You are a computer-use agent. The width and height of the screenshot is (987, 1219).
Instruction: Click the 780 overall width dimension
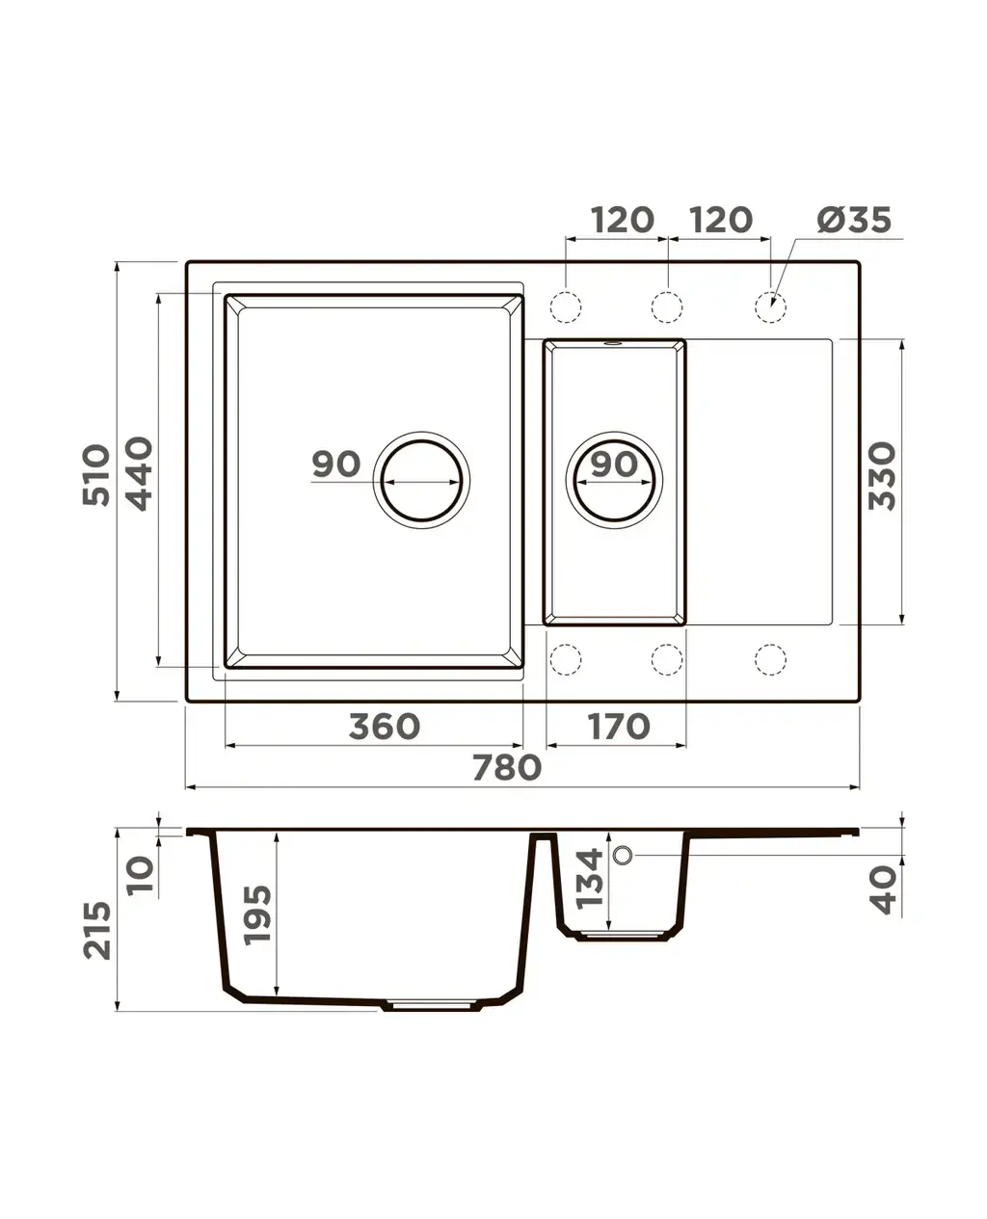tap(507, 767)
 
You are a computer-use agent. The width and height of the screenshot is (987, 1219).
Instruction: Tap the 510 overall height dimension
tap(96, 475)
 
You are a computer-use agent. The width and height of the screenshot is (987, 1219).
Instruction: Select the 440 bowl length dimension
tap(139, 474)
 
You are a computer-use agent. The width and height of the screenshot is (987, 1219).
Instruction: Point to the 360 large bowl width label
tap(385, 727)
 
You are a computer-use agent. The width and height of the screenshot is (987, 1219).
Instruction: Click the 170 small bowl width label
tap(618, 727)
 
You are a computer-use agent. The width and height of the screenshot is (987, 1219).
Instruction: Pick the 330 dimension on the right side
tap(882, 476)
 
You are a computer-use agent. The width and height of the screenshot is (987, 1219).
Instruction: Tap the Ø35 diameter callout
tap(854, 220)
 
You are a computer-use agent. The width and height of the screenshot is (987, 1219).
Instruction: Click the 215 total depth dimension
tap(96, 931)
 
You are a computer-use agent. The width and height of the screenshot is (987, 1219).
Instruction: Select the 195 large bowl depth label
tap(256, 914)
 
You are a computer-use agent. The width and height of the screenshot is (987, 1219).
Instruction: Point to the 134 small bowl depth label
tap(589, 879)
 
